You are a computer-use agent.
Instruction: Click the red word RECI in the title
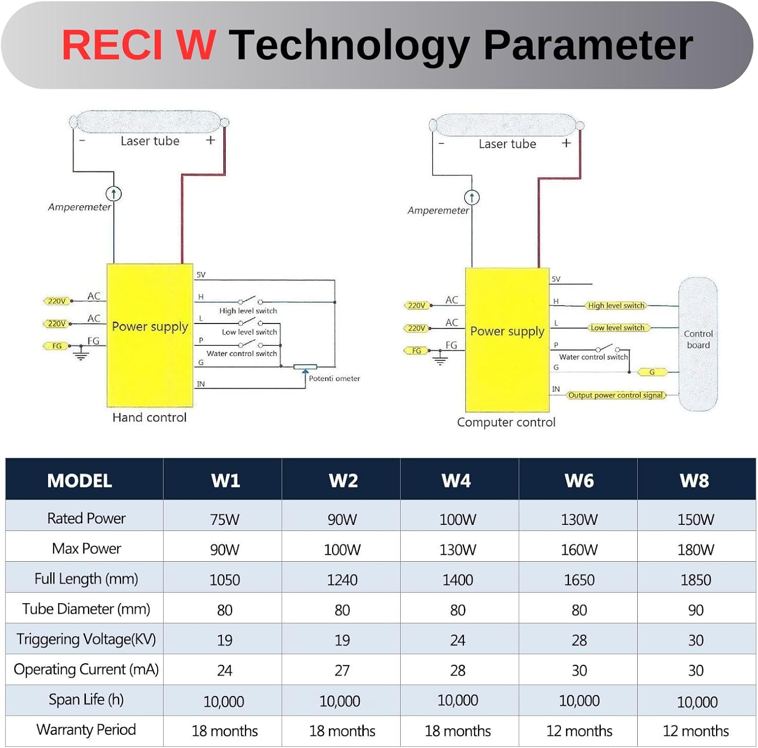click(x=112, y=45)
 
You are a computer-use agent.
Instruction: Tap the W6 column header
click(x=579, y=480)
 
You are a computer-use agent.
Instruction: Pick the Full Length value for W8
click(x=695, y=580)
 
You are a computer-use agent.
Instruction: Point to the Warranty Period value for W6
click(x=579, y=731)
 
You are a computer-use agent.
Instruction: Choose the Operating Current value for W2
click(x=342, y=670)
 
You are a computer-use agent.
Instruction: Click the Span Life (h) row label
click(x=86, y=700)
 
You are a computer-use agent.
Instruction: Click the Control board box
click(x=698, y=343)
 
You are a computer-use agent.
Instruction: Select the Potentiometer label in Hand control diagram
click(x=334, y=379)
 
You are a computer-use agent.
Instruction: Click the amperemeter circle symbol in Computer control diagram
click(x=471, y=197)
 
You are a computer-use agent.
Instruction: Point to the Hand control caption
click(x=149, y=417)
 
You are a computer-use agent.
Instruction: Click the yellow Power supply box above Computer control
click(x=507, y=339)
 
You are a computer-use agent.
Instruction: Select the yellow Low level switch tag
click(x=618, y=328)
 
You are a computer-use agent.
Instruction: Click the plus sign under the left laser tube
click(x=211, y=140)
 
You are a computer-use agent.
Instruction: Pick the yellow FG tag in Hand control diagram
click(x=57, y=346)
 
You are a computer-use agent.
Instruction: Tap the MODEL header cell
click(x=79, y=480)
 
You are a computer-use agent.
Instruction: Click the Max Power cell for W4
click(x=457, y=550)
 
